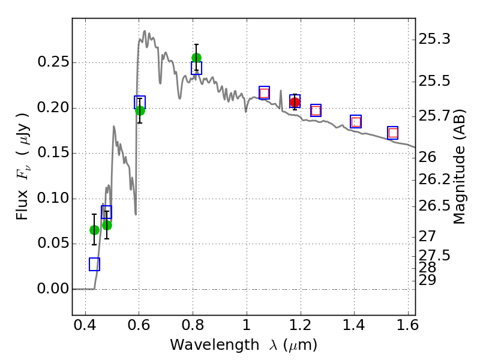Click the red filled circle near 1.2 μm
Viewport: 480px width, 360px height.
295,103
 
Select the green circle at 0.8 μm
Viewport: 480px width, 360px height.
196,58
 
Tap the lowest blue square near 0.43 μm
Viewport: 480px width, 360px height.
94,264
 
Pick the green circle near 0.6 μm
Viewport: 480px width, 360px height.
140,110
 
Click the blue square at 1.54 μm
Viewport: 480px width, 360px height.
393,133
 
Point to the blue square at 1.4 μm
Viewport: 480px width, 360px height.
356,121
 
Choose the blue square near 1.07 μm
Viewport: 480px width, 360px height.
264,92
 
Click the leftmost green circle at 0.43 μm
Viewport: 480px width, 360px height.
94,230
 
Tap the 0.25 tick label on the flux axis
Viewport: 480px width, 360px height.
52,62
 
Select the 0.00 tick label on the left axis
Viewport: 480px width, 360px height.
52,289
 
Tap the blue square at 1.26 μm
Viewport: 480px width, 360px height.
316,110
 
